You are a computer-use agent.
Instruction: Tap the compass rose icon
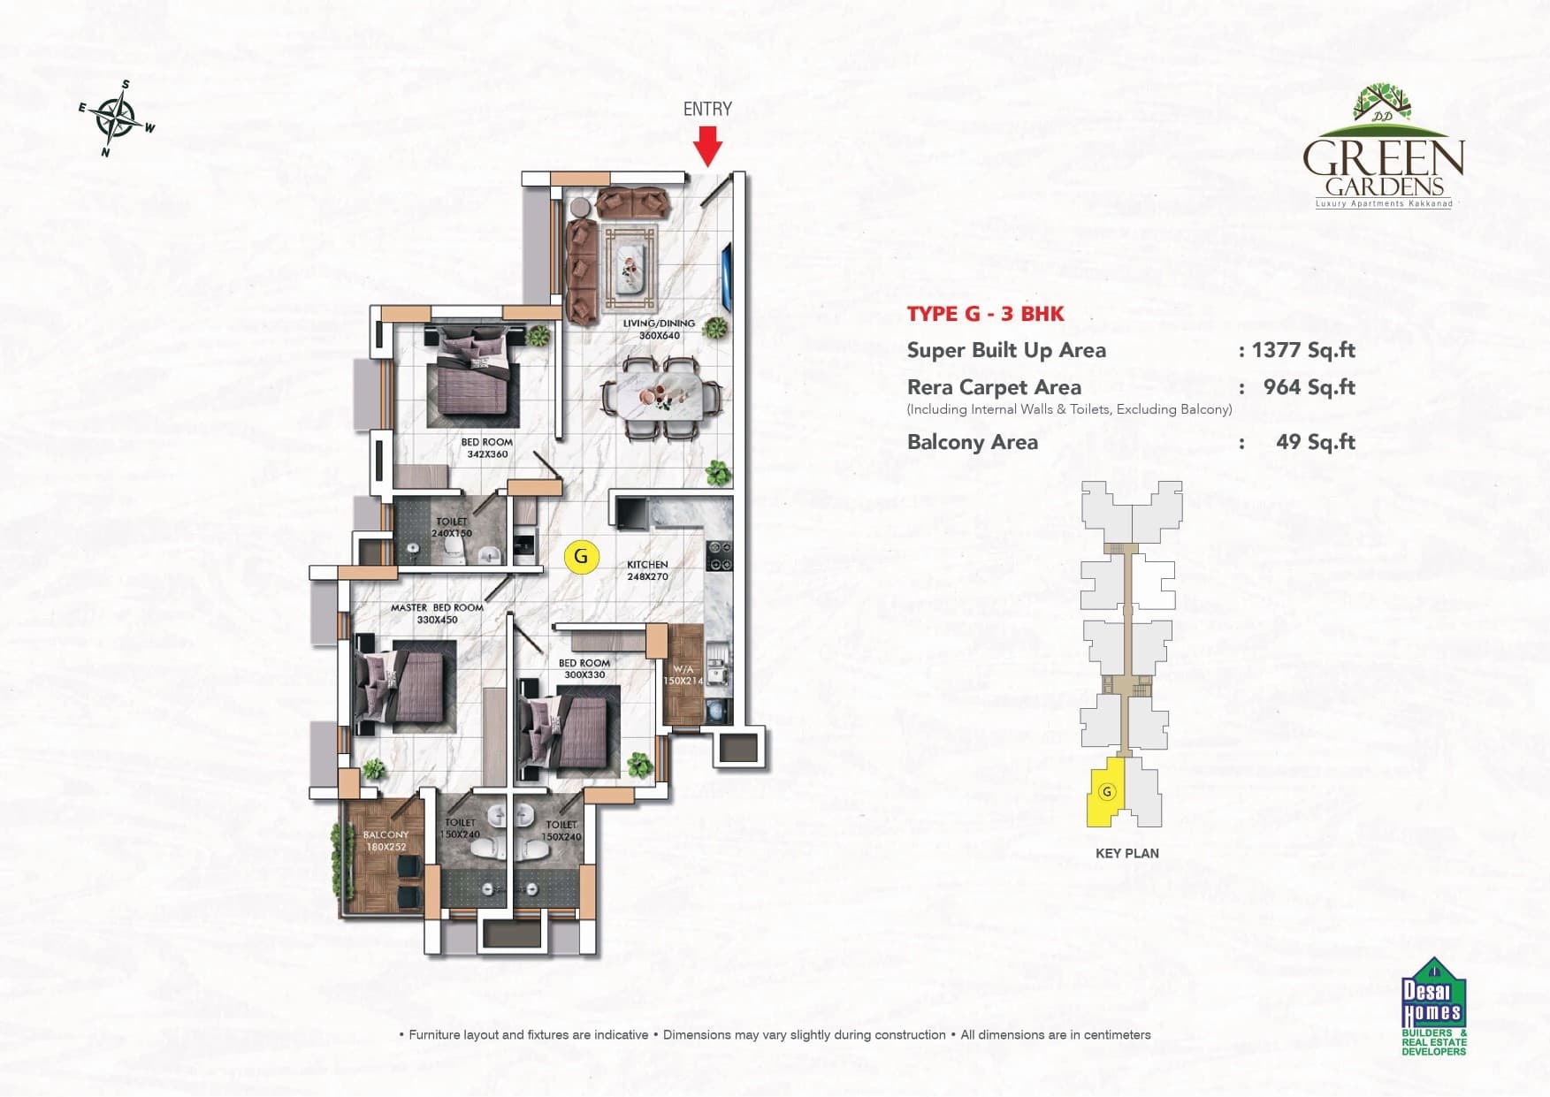[117, 118]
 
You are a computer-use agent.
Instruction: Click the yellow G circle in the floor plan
[581, 557]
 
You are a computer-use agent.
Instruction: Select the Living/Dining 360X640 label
[659, 329]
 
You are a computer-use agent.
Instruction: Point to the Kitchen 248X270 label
[647, 570]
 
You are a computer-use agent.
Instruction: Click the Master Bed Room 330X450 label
[437, 613]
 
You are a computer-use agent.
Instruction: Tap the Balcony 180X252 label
[386, 841]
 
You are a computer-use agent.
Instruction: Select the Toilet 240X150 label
[452, 528]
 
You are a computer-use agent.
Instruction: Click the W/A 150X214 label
[683, 675]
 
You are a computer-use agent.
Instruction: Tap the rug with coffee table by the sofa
[630, 269]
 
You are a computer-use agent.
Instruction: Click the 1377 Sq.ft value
[1303, 350]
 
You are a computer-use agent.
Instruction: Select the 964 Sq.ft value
[1309, 387]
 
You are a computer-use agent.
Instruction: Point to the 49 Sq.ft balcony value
[1315, 442]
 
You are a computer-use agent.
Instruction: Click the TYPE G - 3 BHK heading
[985, 314]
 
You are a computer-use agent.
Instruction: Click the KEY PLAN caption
[1126, 853]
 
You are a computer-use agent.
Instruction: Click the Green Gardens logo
[1383, 150]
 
